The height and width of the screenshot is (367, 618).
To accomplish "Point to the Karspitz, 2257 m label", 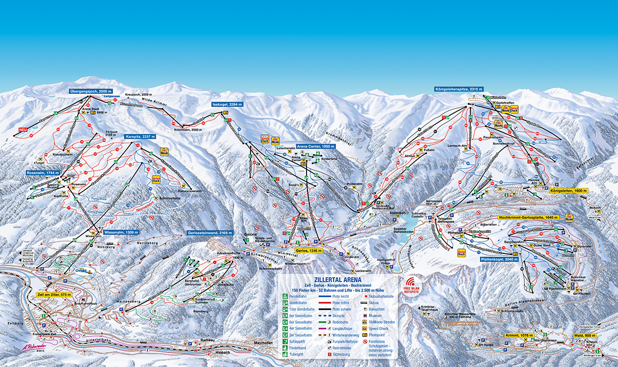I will (x=141, y=136).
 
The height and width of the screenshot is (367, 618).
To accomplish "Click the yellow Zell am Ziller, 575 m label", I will (x=54, y=295).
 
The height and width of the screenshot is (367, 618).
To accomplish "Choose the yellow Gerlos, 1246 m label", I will (x=310, y=250).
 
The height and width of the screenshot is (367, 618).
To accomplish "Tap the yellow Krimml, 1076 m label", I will (x=519, y=335).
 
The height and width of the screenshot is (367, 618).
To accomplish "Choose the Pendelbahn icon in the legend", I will (x=284, y=296).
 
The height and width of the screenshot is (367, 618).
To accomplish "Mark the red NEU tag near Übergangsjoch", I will (x=23, y=130).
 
